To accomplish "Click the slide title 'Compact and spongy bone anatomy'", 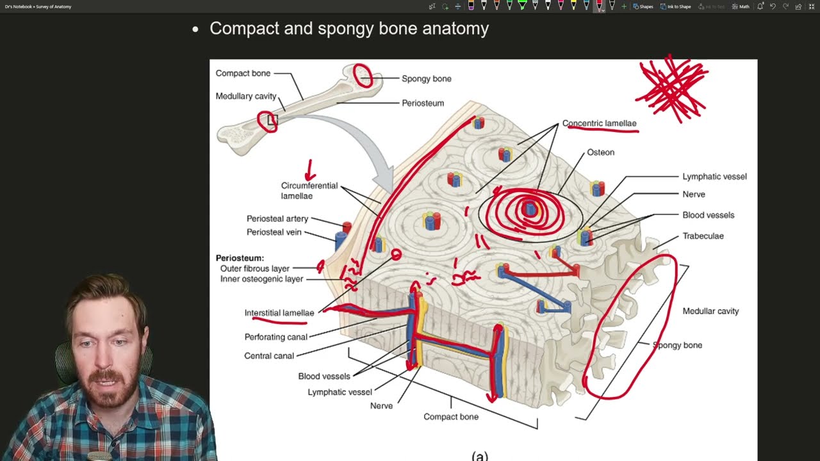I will point(349,29).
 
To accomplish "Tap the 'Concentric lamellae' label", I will point(599,124).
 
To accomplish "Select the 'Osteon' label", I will point(600,152).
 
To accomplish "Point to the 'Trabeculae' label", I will point(703,236).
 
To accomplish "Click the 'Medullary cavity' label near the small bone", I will point(246,96).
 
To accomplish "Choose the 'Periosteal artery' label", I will point(277,219).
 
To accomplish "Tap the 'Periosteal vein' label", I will point(274,232).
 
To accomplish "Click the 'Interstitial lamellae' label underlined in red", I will point(279,313).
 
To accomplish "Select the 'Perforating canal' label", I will point(275,337).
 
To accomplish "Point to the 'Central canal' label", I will point(269,356).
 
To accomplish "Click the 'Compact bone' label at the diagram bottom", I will point(451,417).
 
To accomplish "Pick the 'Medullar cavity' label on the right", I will point(710,311).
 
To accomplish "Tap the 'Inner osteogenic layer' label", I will point(261,279).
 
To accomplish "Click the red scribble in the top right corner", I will point(672,88).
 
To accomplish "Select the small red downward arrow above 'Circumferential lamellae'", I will point(310,171).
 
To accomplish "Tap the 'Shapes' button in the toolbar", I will point(643,6).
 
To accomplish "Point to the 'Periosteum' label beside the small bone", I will point(423,103).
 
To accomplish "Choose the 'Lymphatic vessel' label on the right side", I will point(714,177).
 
